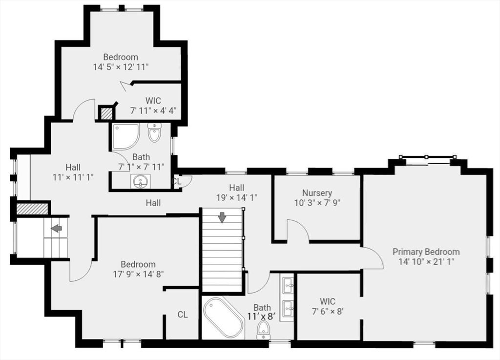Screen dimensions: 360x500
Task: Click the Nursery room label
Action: (x=316, y=193)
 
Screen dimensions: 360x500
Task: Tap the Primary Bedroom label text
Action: (x=426, y=252)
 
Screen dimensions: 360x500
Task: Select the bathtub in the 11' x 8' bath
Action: (x=223, y=318)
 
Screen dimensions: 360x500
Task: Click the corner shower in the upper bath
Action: (x=125, y=136)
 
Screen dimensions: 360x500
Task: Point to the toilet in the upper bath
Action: (x=154, y=133)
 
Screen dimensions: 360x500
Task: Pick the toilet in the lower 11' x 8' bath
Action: (x=264, y=329)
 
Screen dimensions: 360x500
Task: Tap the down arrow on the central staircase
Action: (x=223, y=217)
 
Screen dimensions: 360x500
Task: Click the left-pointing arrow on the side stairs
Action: (x=57, y=228)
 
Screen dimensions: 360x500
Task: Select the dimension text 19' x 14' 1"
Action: (x=237, y=197)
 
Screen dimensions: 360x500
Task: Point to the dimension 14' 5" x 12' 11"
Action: (x=120, y=66)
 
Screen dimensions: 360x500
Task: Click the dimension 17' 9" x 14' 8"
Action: (x=138, y=274)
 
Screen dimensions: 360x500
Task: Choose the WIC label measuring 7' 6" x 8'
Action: (x=328, y=311)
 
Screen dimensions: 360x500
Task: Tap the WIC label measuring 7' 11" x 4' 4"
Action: (x=152, y=110)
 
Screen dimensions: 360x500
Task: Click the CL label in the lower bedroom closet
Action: (x=182, y=315)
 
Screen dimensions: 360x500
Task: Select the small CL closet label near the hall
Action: (x=177, y=181)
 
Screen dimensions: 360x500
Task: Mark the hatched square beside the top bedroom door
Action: (x=106, y=113)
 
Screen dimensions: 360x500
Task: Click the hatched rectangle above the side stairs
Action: (x=32, y=209)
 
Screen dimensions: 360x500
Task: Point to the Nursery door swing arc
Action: (x=298, y=230)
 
